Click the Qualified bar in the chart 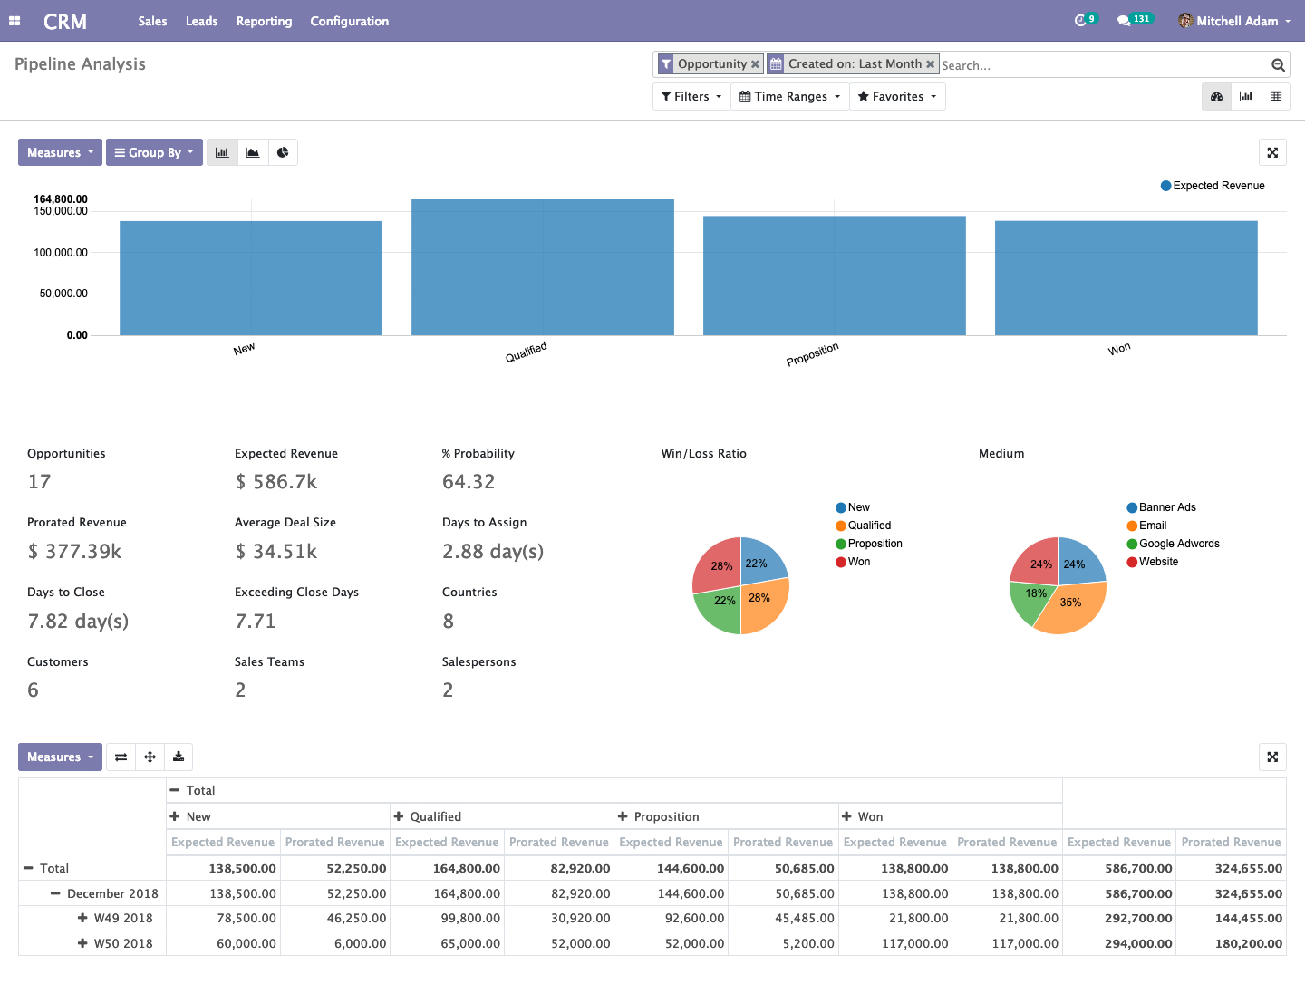[x=542, y=267]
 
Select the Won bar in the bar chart [x=1126, y=277]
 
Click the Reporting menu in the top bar [x=264, y=21]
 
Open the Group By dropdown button [x=154, y=152]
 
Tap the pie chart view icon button [x=283, y=152]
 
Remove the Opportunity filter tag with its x [x=755, y=64]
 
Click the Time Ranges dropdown [x=789, y=97]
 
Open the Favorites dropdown [x=897, y=97]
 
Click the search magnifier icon [x=1278, y=65]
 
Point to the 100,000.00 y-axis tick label [x=61, y=253]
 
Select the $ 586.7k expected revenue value [x=276, y=482]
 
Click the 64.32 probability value [x=469, y=482]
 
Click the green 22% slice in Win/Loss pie [x=720, y=608]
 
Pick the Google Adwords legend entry [x=1178, y=544]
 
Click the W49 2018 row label [x=123, y=918]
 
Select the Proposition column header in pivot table [x=666, y=816]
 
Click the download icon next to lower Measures [x=179, y=757]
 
